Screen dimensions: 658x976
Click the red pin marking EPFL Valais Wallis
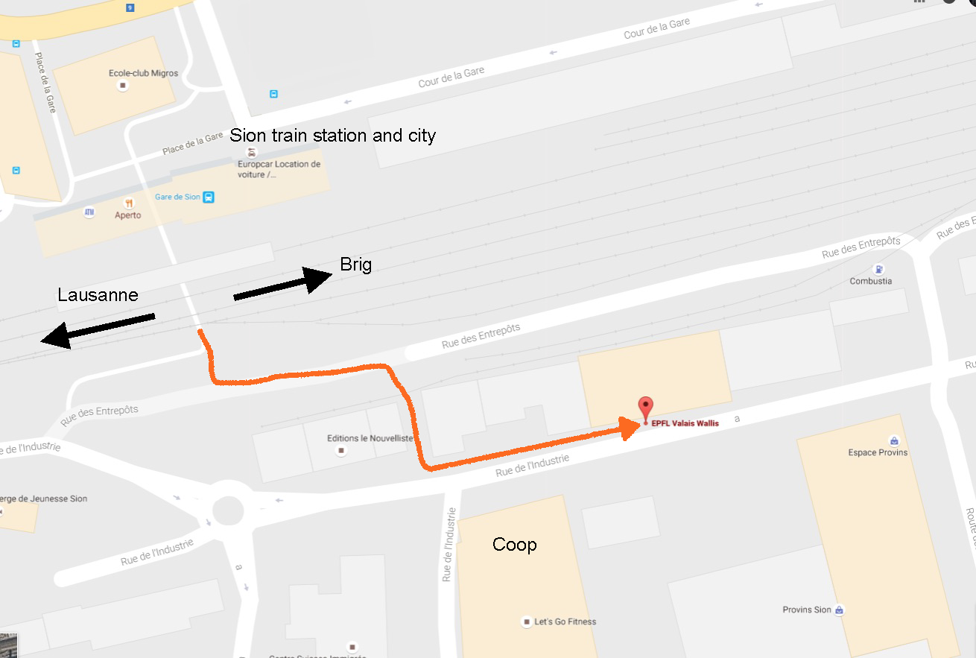point(645,408)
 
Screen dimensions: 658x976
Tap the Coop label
point(514,545)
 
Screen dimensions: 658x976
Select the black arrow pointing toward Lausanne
point(98,329)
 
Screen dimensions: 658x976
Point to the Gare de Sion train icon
point(209,197)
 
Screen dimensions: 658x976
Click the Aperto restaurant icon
point(129,203)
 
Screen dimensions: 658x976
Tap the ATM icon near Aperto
point(89,212)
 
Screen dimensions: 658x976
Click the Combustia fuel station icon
point(879,269)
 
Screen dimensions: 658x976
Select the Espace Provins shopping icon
point(893,440)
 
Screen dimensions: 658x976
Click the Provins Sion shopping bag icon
point(839,610)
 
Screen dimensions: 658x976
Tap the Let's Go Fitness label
point(565,621)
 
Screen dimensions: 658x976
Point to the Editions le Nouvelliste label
point(370,438)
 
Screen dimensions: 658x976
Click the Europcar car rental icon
point(252,152)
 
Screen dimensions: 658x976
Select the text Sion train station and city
point(332,136)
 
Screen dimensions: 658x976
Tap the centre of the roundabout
point(228,511)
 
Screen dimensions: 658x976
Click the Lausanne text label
point(98,295)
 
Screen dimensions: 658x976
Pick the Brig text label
point(355,265)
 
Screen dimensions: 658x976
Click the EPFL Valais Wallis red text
point(685,423)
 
